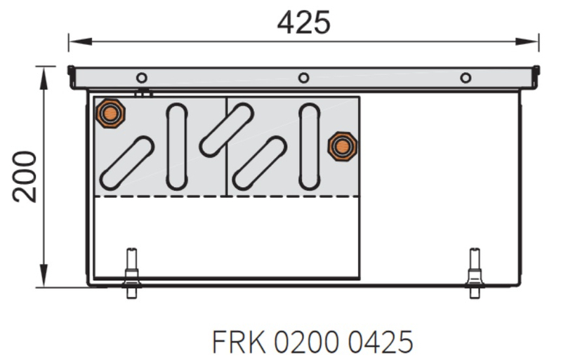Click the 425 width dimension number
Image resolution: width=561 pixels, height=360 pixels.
pos(303,22)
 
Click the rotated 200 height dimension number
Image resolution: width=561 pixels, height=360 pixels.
pos(25,177)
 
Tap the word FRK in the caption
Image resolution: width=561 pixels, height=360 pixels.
pos(239,342)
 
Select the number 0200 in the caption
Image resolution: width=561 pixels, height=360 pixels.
pos(307,342)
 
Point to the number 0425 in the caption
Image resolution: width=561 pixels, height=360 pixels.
pos(381,342)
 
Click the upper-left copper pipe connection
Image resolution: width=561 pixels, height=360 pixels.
pos(110,114)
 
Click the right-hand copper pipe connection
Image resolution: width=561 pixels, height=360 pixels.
pos(343,146)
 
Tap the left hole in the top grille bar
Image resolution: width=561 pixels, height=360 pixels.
pos(142,78)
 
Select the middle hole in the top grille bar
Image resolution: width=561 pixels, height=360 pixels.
pos(304,78)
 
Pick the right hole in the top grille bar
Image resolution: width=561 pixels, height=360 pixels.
pos(466,78)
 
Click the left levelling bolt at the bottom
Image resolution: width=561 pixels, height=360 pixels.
pos(132,273)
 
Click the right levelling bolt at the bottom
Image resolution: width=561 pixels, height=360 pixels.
pos(475,273)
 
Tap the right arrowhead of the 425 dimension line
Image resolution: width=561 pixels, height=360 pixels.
pos(527,41)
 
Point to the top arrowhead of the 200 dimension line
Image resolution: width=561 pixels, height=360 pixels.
pos(44,79)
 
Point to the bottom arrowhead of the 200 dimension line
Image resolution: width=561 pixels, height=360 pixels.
pos(44,275)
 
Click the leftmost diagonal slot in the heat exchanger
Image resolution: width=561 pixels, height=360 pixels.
pos(127,163)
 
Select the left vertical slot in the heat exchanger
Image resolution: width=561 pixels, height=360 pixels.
pos(177,147)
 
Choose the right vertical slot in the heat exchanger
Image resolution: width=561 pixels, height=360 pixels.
pos(310,147)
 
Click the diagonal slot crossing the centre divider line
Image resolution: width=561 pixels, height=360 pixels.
pos(227,130)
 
